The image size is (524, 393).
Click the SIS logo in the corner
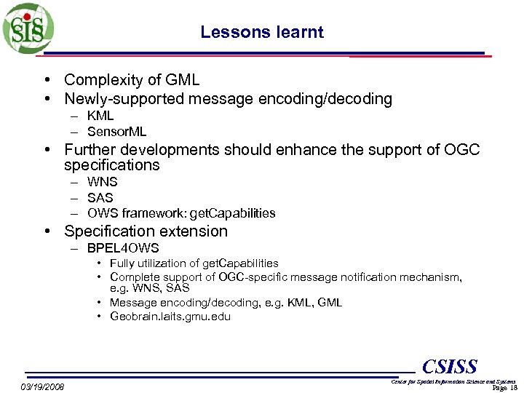tap(28, 27)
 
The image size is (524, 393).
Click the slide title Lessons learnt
tap(262, 32)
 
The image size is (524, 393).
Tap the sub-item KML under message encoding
tap(100, 116)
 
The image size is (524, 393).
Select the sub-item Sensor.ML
tap(116, 132)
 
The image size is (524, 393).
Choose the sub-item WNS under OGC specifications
tap(102, 182)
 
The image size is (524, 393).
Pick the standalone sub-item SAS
tap(100, 198)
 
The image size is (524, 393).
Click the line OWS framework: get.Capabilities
tap(181, 213)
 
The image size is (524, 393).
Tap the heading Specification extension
tap(146, 231)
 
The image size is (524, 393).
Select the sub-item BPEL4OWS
tap(123, 248)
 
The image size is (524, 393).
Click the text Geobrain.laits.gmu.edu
tap(170, 316)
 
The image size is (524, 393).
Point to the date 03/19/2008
tap(42, 386)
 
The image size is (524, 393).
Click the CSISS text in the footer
tap(450, 366)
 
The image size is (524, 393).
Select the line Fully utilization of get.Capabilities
tap(194, 263)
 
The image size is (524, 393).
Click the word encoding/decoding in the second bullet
tap(327, 99)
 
